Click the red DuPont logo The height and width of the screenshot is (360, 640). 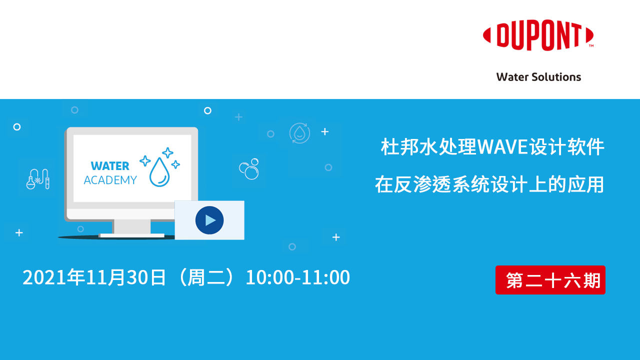pyautogui.click(x=538, y=36)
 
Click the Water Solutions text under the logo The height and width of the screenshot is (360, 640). pyautogui.click(x=538, y=77)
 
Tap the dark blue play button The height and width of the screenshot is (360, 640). pyautogui.click(x=209, y=220)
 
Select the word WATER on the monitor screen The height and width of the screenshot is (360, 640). pyautogui.click(x=110, y=166)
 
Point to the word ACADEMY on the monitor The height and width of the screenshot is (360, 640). pyautogui.click(x=110, y=180)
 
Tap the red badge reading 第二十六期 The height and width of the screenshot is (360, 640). pyautogui.click(x=550, y=280)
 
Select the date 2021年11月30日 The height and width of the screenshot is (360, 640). pyautogui.click(x=94, y=277)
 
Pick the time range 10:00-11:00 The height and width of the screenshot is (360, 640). pyautogui.click(x=297, y=277)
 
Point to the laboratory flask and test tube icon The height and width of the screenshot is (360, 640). pyautogui.click(x=38, y=178)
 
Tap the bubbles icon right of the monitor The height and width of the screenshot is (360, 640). pyautogui.click(x=249, y=169)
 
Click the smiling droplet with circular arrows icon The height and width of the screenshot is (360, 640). pyautogui.click(x=299, y=133)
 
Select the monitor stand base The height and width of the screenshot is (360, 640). pyautogui.click(x=131, y=235)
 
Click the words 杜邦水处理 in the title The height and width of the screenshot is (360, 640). pyautogui.click(x=429, y=147)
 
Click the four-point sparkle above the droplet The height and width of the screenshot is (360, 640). pyautogui.click(x=168, y=152)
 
